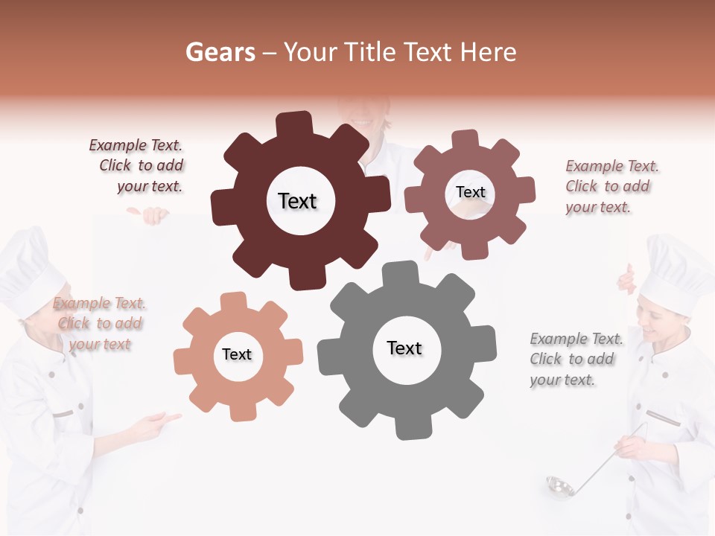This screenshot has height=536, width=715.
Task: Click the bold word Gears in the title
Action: [220, 52]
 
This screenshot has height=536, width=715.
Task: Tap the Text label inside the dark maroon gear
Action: [297, 201]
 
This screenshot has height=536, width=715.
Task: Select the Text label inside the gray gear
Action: [404, 348]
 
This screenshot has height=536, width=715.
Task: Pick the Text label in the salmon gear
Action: [237, 354]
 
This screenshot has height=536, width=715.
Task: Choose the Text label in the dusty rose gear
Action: [470, 192]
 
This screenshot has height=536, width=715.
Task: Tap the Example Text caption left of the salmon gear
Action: [100, 323]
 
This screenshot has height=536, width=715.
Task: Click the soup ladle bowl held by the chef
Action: [559, 486]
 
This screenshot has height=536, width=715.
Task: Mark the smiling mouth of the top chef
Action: [361, 121]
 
